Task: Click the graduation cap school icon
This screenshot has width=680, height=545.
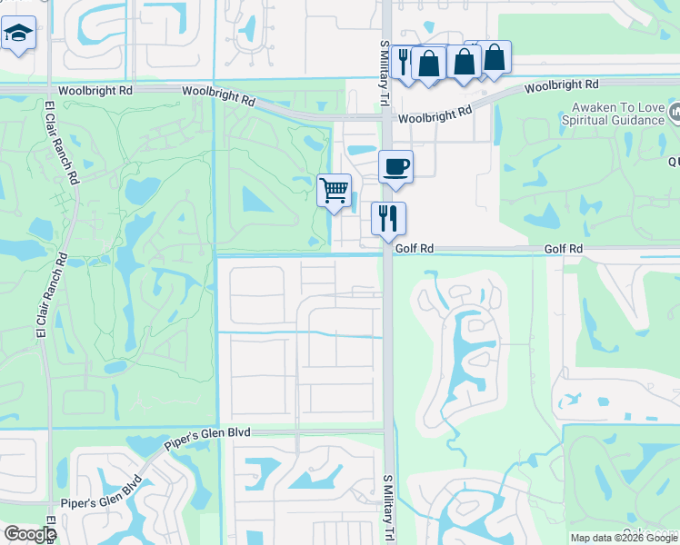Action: point(17,35)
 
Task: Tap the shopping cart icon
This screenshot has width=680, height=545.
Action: point(334,191)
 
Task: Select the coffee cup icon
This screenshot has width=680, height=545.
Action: point(395,167)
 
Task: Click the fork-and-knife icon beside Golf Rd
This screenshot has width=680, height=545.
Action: point(388,218)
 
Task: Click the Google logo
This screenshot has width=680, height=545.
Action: point(29,534)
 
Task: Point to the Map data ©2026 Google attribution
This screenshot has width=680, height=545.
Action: point(624,538)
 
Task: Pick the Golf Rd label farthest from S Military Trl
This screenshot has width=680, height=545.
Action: point(563,248)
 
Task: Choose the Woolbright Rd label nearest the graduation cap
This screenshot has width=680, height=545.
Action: point(95,91)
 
